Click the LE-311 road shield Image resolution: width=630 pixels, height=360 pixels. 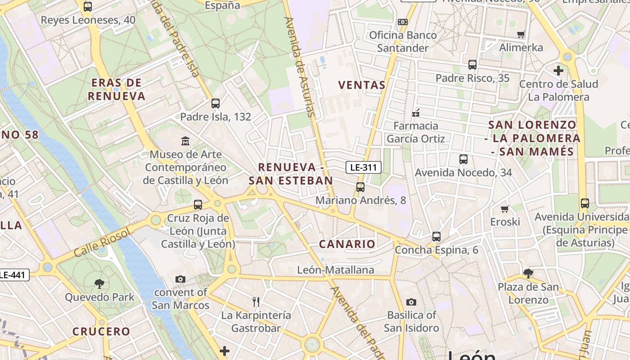364,168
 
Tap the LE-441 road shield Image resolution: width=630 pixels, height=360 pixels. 13,274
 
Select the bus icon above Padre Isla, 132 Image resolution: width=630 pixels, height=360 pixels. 216,103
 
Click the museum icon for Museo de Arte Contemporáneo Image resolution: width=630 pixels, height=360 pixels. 185,141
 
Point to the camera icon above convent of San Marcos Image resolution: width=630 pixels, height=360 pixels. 180,279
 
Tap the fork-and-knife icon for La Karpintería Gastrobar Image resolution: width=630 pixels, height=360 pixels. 256,301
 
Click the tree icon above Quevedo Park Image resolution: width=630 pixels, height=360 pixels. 99,284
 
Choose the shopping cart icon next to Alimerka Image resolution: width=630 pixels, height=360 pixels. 521,35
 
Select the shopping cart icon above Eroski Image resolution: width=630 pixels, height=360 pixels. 505,209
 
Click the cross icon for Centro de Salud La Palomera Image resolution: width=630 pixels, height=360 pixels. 558,71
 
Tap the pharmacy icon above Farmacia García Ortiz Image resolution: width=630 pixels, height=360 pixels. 416,112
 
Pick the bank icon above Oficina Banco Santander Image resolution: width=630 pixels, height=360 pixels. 403,22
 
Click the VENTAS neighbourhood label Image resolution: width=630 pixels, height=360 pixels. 362,85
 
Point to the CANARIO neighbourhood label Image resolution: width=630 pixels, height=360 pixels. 347,244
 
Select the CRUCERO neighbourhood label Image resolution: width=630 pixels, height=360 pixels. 101,332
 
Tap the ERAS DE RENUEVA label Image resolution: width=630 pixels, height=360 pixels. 117,89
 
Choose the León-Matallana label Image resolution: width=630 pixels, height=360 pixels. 336,270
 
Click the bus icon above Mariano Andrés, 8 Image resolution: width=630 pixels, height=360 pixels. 360,187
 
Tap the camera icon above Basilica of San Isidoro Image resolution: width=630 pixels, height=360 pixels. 411,302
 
